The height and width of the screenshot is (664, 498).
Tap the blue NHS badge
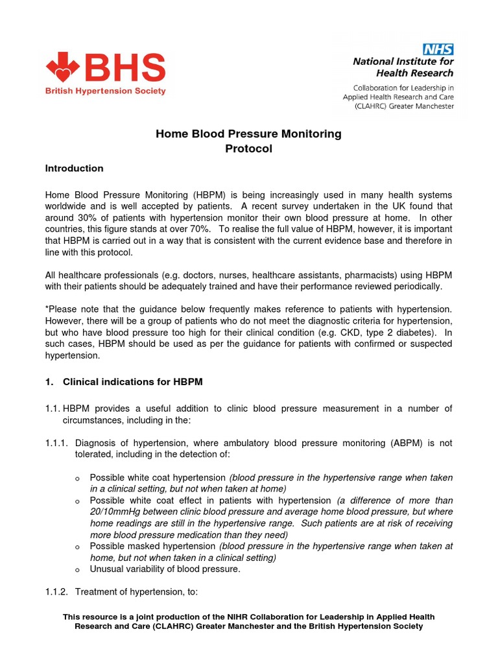438,49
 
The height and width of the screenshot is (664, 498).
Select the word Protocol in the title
248,148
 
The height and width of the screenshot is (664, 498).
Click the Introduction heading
74,169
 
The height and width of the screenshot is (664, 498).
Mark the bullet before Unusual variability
78,570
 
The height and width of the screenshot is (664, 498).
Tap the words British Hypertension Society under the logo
105,91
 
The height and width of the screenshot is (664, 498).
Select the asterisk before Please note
47,309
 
